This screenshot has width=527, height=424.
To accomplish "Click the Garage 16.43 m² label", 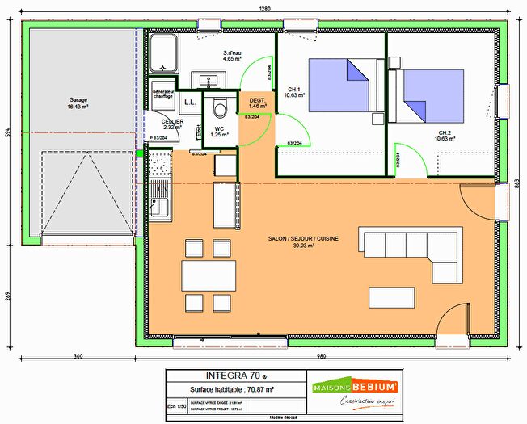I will [78, 103].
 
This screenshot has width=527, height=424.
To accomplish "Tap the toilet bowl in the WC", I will [217, 107].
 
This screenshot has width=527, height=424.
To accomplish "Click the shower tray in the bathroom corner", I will [164, 53].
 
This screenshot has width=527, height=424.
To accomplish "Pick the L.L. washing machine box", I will [191, 101].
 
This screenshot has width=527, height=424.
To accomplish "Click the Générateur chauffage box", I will [164, 94].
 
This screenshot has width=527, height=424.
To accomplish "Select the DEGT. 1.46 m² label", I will [258, 103].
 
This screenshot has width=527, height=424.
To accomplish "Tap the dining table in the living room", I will [208, 275].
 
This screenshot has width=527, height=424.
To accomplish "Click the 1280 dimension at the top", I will [264, 8].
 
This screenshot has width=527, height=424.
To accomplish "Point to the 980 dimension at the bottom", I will [322, 356].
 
